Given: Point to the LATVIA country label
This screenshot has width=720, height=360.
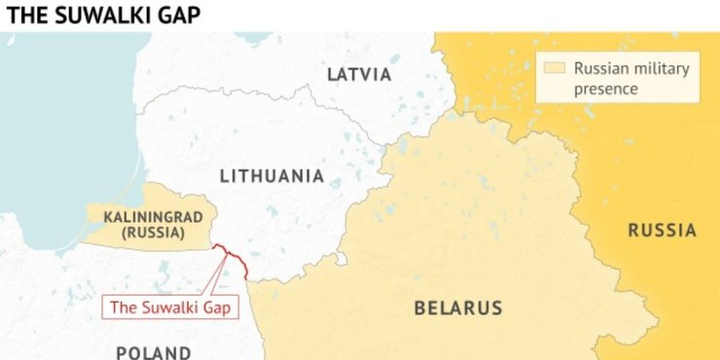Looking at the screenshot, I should [x=359, y=75].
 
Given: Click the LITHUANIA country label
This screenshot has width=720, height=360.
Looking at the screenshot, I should [x=271, y=176].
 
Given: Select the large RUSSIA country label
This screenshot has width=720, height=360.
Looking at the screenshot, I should [x=662, y=231].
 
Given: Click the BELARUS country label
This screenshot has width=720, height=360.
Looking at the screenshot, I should [x=458, y=308].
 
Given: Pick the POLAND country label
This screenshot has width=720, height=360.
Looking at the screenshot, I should [x=154, y=352].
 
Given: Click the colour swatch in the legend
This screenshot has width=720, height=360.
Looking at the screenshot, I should [x=555, y=68].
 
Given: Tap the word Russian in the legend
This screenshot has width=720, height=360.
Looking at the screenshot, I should [x=598, y=68].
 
